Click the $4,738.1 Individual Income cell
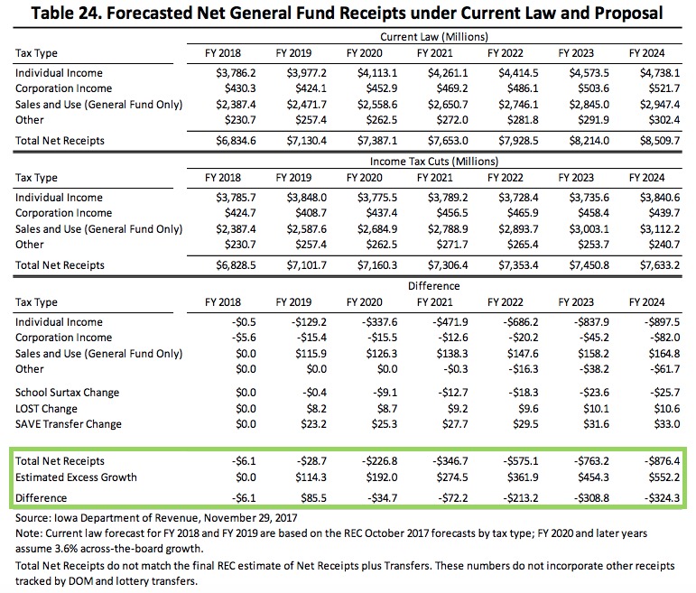[x=660, y=73]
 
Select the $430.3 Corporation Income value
[x=240, y=88]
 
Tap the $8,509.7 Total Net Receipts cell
[x=660, y=141]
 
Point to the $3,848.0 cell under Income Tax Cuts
[x=306, y=198]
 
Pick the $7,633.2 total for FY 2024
[x=660, y=265]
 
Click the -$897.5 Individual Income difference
[x=662, y=322]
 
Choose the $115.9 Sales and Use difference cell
[x=311, y=354]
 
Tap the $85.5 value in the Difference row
[x=313, y=498]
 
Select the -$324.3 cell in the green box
[x=662, y=498]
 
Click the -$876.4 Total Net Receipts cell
[x=662, y=461]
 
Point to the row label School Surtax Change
[x=67, y=393]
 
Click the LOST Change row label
[x=46, y=409]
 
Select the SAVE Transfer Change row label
[x=69, y=424]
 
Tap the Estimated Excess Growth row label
[x=76, y=477]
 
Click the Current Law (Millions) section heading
[x=434, y=37]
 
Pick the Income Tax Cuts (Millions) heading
[x=434, y=162]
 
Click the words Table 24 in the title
[x=66, y=13]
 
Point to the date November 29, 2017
[x=250, y=518]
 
